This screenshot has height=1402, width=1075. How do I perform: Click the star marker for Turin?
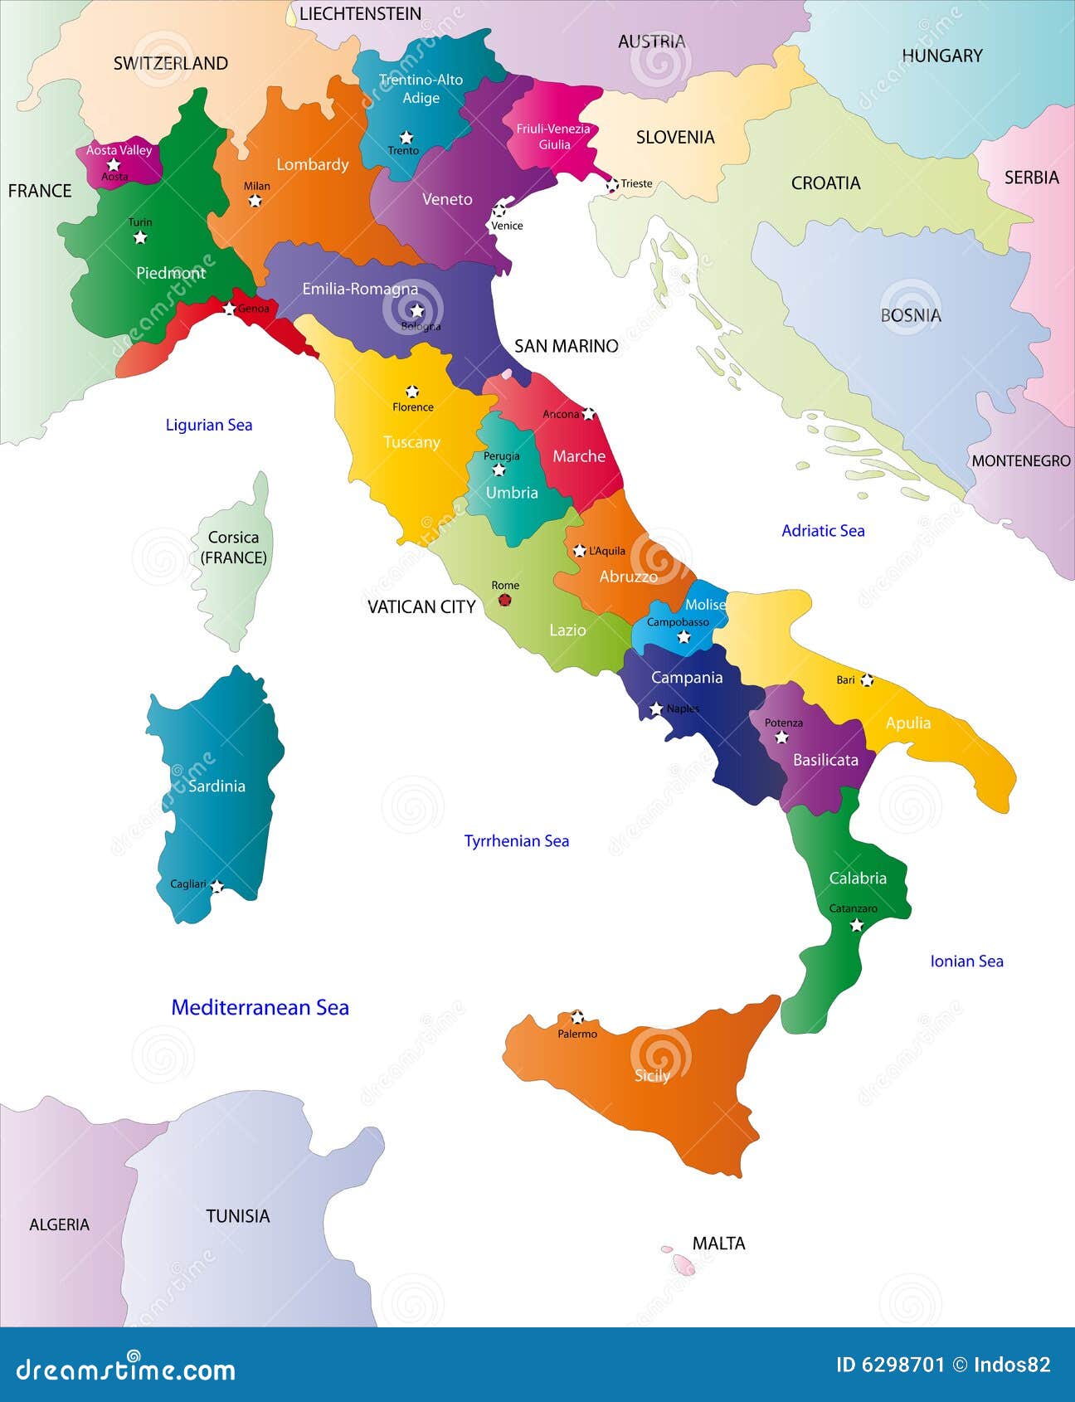pyautogui.click(x=140, y=238)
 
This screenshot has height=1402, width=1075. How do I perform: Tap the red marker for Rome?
pyautogui.click(x=504, y=600)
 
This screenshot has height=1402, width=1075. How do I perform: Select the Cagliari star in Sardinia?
pyautogui.click(x=217, y=886)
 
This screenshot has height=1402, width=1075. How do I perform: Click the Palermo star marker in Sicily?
pyautogui.click(x=577, y=1017)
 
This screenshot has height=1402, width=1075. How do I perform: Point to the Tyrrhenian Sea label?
pyautogui.click(x=517, y=841)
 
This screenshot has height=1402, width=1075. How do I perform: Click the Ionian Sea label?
pyautogui.click(x=966, y=961)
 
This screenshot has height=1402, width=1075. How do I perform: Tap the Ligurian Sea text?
pyautogui.click(x=209, y=425)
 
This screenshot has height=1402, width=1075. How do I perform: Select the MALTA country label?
pyautogui.click(x=718, y=1243)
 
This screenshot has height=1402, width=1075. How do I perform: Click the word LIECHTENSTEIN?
pyautogui.click(x=360, y=14)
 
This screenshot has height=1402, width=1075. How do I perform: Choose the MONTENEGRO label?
pyautogui.click(x=1020, y=460)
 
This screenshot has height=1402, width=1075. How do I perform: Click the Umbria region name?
pyautogui.click(x=512, y=493)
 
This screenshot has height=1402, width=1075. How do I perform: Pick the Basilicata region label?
pyautogui.click(x=825, y=760)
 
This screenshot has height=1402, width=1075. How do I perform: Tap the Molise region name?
pyautogui.click(x=705, y=605)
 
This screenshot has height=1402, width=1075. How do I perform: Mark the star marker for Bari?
pyautogui.click(x=867, y=680)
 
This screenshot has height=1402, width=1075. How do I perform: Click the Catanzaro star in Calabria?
pyautogui.click(x=857, y=925)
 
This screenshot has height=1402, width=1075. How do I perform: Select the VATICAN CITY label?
pyautogui.click(x=421, y=607)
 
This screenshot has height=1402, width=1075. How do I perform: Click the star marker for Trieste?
pyautogui.click(x=612, y=184)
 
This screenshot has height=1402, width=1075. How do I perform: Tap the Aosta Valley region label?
pyautogui.click(x=119, y=150)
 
